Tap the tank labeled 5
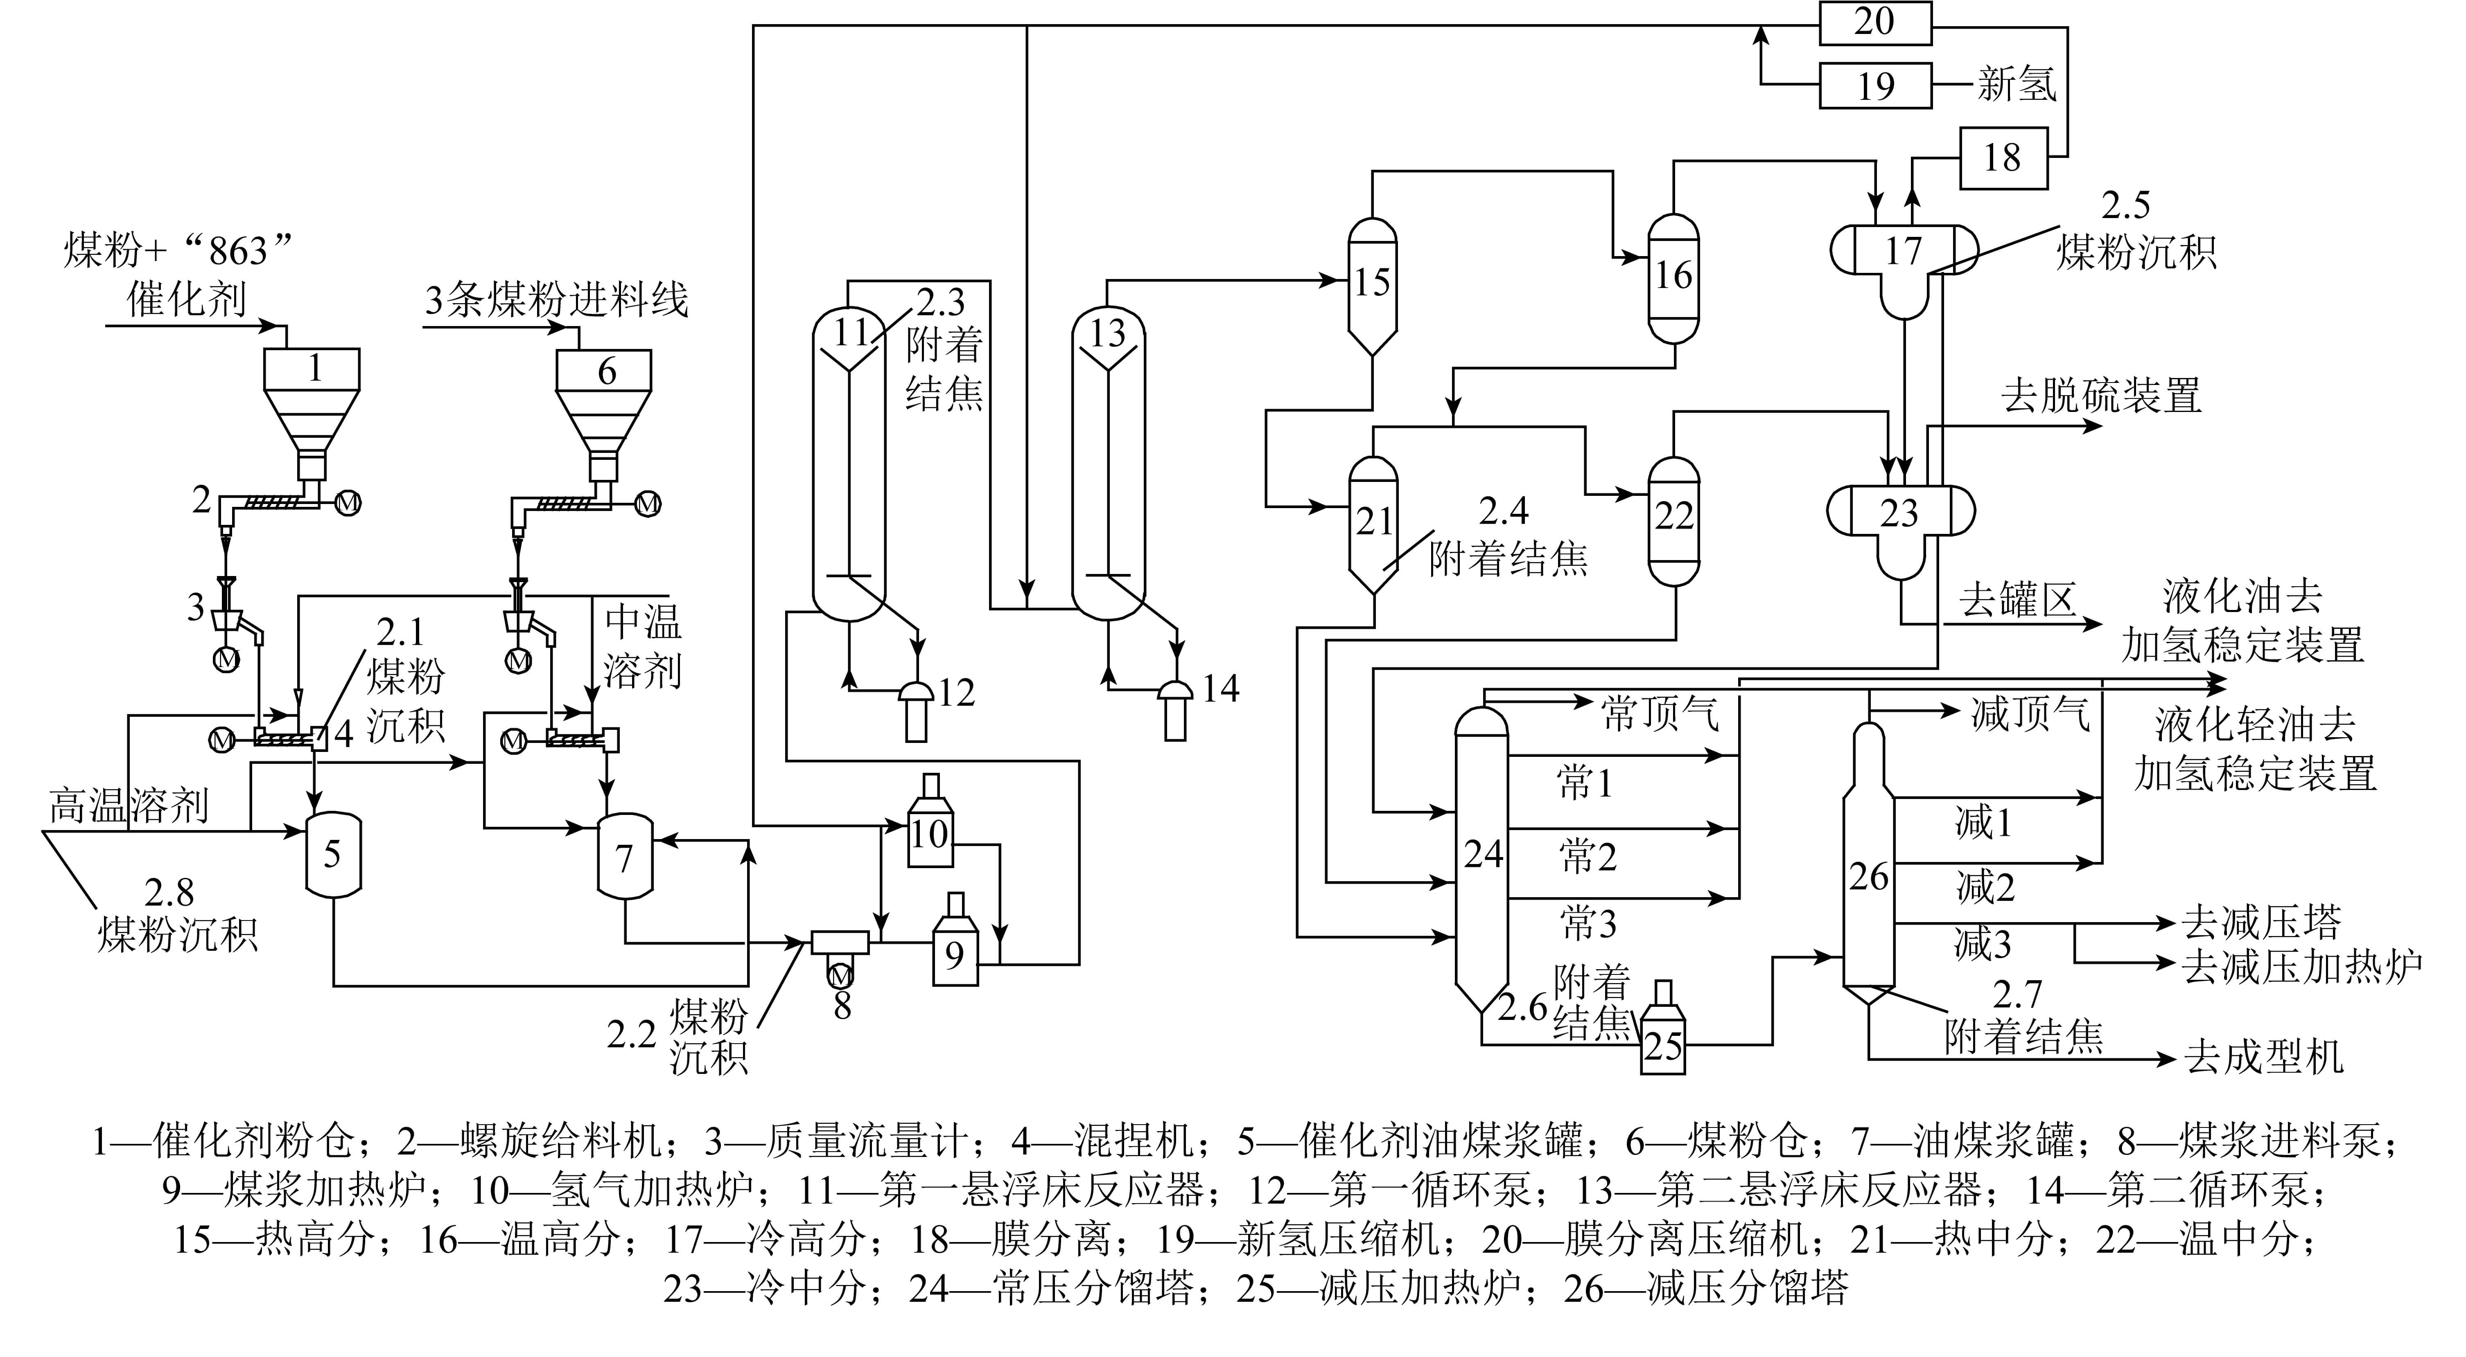click(x=332, y=855)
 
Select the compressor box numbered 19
click(x=1874, y=86)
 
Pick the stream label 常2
click(x=1587, y=855)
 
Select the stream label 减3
click(x=1983, y=943)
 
